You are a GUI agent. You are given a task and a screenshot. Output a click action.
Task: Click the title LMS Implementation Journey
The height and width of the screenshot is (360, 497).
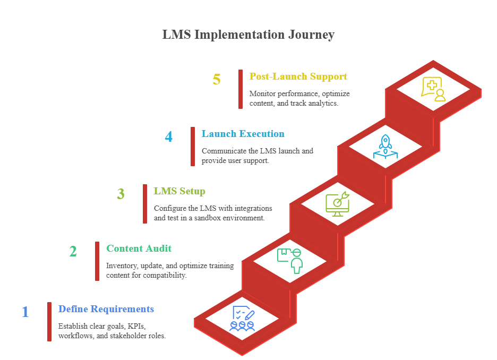(248, 35)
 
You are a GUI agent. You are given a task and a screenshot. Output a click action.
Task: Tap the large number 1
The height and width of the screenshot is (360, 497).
(25, 312)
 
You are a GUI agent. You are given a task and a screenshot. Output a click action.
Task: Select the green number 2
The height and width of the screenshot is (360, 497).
(73, 251)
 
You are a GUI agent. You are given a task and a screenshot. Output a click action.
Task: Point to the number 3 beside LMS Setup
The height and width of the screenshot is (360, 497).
(121, 194)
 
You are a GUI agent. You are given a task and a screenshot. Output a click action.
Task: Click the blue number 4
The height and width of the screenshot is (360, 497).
(168, 137)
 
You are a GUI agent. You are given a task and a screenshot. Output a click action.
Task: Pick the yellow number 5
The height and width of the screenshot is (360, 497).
(216, 80)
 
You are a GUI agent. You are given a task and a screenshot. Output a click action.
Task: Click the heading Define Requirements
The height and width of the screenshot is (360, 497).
(106, 309)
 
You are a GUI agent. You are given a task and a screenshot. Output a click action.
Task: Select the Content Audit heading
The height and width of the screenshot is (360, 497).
(139, 248)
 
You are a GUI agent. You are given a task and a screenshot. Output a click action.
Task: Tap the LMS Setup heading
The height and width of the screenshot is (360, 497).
(179, 191)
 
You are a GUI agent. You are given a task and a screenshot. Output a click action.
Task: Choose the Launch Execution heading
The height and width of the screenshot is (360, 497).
(243, 134)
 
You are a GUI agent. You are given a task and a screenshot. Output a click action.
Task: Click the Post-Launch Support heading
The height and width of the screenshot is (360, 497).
(298, 76)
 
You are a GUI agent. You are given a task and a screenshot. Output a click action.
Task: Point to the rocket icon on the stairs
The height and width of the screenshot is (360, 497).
(385, 147)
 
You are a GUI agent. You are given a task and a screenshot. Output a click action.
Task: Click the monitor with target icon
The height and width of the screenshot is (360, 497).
(338, 204)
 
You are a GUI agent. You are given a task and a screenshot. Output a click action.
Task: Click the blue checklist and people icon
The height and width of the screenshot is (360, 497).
(242, 319)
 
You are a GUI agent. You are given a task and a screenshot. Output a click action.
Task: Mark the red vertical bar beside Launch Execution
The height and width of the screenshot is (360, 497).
(193, 147)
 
